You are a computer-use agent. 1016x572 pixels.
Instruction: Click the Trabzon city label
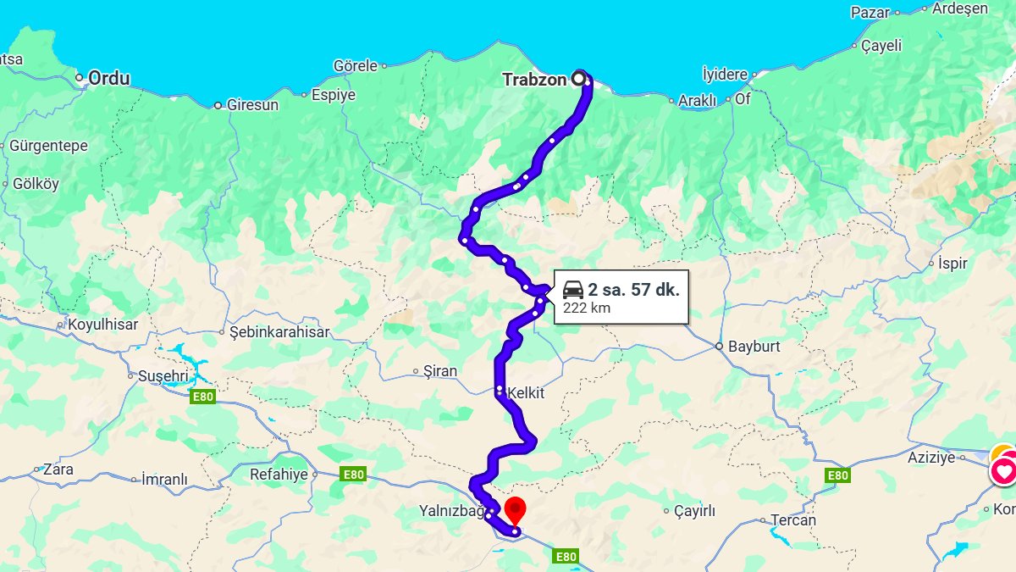(535, 80)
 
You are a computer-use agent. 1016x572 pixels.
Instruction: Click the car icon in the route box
(573, 289)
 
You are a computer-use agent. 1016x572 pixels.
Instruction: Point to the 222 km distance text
(586, 308)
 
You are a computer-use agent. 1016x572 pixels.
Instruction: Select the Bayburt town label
(754, 347)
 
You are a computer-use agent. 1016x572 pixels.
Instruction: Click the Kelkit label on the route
(525, 393)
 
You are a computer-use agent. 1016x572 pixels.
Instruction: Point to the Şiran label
(440, 371)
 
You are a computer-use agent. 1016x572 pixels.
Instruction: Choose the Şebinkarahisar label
(279, 332)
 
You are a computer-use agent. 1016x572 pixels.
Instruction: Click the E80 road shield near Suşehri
(203, 396)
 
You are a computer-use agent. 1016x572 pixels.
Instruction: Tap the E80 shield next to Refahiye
(353, 475)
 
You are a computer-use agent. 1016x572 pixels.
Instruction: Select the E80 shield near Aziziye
(837, 475)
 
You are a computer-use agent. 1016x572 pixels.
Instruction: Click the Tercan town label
(793, 520)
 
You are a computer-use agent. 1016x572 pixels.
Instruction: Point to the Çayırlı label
(695, 511)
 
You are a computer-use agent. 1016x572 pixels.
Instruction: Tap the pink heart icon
(1005, 471)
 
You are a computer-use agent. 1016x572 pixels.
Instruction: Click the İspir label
(952, 264)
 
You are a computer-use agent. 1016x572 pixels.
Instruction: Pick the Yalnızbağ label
(450, 512)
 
